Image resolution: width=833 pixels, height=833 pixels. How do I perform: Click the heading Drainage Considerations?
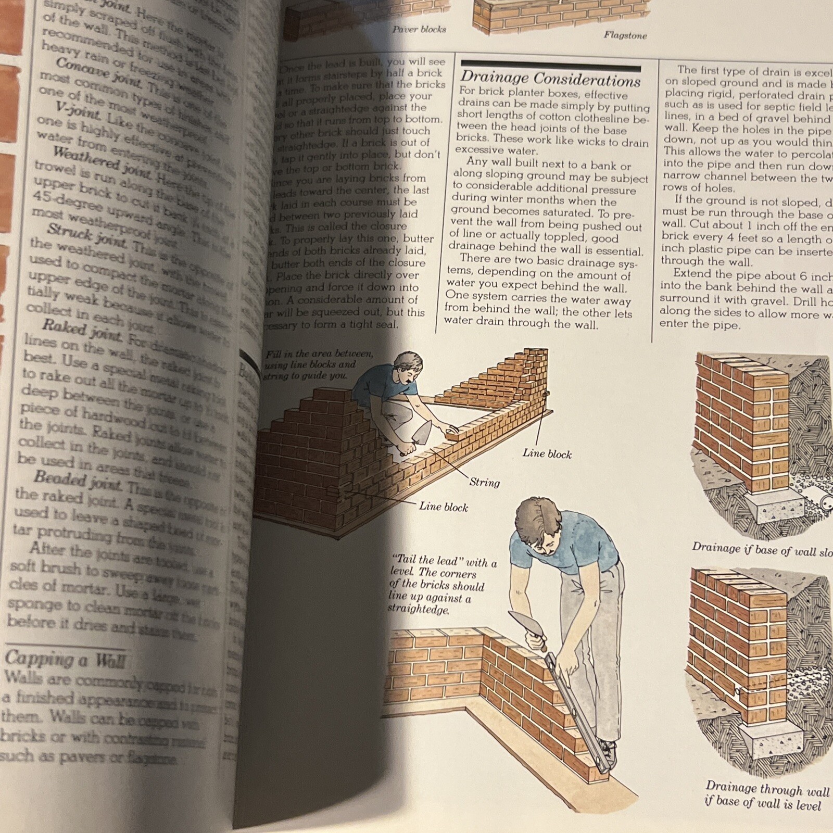(550, 80)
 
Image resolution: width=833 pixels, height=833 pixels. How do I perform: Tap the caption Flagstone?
(625, 35)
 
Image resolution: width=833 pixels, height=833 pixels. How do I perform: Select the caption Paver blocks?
(419, 29)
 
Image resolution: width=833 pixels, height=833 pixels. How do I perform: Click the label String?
(484, 483)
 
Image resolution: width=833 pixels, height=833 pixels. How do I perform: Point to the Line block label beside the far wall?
(547, 454)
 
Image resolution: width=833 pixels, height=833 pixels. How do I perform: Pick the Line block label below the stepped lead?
(443, 507)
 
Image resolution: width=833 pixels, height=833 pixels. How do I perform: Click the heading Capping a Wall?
(65, 660)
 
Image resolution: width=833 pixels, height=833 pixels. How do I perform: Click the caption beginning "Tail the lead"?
(443, 585)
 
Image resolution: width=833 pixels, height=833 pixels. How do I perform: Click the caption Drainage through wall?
(766, 797)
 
